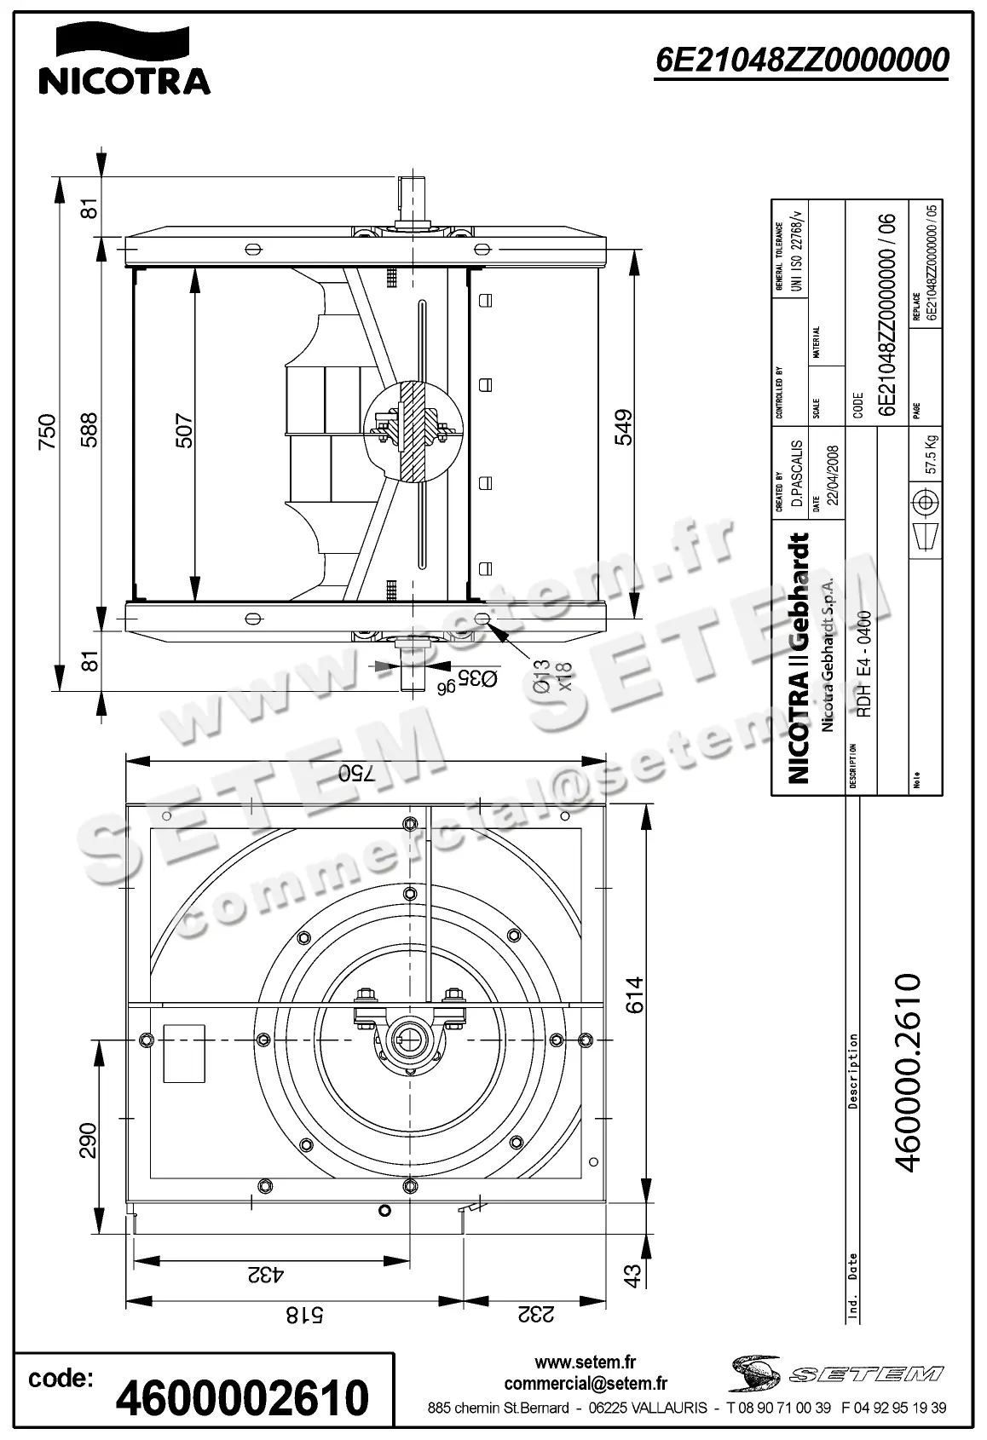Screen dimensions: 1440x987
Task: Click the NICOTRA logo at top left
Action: (x=124, y=59)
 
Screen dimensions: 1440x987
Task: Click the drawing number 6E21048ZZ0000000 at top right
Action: (x=801, y=60)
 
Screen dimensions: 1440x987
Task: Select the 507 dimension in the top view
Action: (x=184, y=431)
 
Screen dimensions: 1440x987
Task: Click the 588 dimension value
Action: (x=89, y=431)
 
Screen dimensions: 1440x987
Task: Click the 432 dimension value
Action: (x=266, y=1276)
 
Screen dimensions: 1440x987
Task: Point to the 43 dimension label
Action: (x=632, y=1276)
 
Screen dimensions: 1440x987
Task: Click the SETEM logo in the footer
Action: (x=836, y=1374)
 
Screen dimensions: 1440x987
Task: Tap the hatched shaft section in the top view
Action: (x=415, y=429)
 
